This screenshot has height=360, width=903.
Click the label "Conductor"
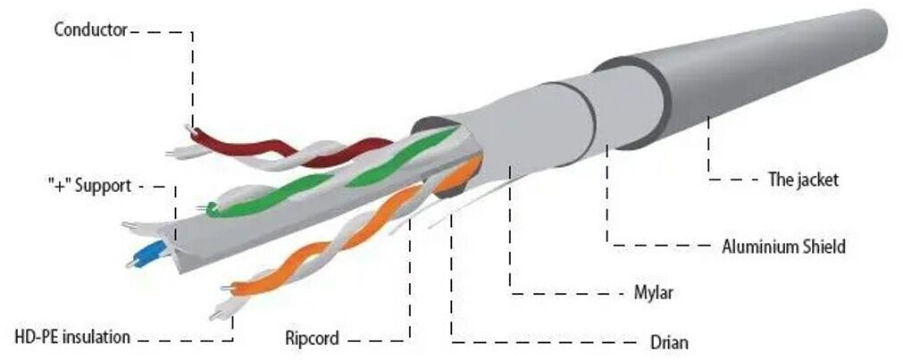[90, 30]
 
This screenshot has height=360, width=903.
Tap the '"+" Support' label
[89, 186]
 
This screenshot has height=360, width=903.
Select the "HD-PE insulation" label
[72, 337]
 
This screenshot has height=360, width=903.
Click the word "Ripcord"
[312, 338]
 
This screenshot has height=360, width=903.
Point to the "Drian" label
[669, 343]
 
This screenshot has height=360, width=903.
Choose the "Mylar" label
[654, 293]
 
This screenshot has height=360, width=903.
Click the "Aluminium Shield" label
[784, 247]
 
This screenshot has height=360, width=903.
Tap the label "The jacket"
[803, 180]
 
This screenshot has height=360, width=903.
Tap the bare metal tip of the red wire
[188, 128]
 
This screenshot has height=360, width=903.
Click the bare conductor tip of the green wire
[201, 207]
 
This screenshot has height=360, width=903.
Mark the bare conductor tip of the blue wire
[130, 264]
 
